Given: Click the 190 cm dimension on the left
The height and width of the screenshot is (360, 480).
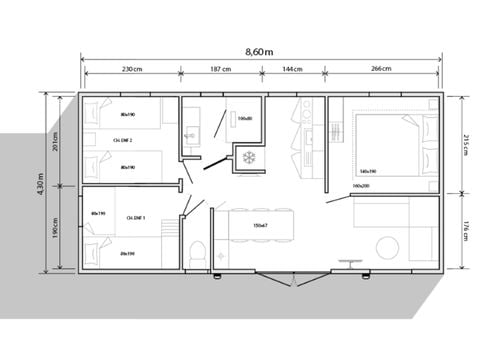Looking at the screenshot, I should [56, 228].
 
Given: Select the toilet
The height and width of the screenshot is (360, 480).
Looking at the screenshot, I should [200, 251].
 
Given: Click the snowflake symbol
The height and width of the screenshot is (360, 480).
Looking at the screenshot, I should [245, 158].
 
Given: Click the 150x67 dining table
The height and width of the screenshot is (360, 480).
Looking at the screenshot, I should [260, 226].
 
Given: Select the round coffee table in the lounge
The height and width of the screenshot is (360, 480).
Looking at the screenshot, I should [387, 250].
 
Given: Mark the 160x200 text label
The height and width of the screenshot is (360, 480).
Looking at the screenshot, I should [360, 186].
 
